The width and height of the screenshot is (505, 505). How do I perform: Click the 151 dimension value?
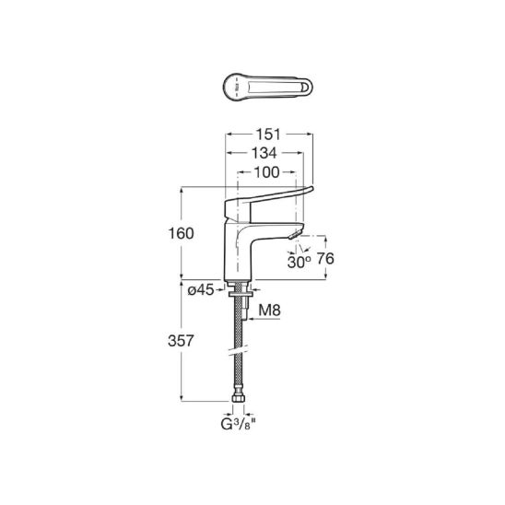[x=268, y=135]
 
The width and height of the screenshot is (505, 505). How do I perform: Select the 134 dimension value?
[x=264, y=153]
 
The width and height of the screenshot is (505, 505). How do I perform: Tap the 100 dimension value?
[x=266, y=172]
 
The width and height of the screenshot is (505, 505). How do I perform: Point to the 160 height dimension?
[x=182, y=233]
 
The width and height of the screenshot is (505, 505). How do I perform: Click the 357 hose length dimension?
[x=181, y=341]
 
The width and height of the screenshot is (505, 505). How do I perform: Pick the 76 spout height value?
[x=325, y=259]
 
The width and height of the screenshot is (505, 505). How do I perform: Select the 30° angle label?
[x=299, y=262]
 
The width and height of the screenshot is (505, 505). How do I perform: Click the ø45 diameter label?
[x=201, y=290]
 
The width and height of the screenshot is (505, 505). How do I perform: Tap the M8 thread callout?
[x=270, y=311]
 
